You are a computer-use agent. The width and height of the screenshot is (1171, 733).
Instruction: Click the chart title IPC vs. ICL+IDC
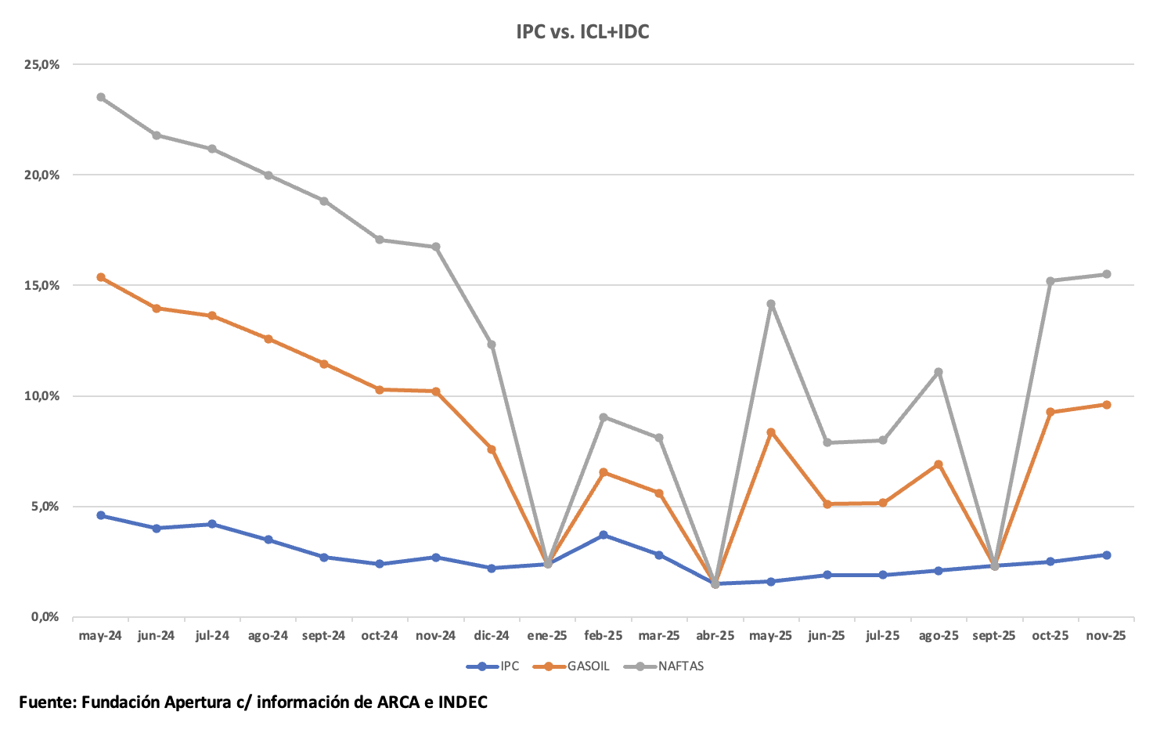(x=582, y=32)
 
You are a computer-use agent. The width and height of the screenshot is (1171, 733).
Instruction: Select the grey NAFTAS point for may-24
(x=101, y=97)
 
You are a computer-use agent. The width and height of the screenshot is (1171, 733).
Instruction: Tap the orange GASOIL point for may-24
(x=101, y=277)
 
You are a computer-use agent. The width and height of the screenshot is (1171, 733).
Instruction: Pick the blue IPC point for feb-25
(x=604, y=535)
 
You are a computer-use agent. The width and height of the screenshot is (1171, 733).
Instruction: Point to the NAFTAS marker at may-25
(x=771, y=304)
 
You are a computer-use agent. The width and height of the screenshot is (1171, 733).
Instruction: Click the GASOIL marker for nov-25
(x=1107, y=405)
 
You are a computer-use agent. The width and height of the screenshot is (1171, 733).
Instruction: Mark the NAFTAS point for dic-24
(x=492, y=345)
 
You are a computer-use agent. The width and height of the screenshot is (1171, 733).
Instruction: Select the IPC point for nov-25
(x=1107, y=555)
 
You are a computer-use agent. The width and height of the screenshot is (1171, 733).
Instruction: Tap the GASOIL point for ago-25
(x=939, y=464)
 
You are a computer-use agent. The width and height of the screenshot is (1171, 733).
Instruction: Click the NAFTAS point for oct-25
(x=1050, y=280)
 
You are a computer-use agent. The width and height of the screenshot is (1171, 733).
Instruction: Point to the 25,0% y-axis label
(x=42, y=64)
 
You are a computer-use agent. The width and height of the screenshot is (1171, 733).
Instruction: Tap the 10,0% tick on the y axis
(x=42, y=396)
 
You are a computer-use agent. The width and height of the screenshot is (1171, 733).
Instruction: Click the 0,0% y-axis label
(x=45, y=617)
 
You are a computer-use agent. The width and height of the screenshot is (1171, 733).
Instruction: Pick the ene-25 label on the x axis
(x=547, y=636)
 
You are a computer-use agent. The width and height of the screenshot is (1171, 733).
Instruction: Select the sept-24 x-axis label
(x=323, y=636)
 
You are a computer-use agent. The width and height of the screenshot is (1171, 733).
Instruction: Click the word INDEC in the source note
(x=463, y=702)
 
